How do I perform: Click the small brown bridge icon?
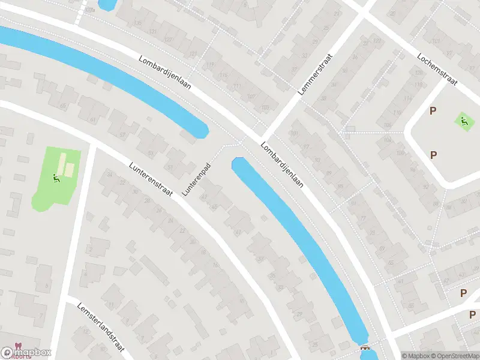point(364,347)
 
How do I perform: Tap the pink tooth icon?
point(16,347)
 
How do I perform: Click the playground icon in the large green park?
point(56,178)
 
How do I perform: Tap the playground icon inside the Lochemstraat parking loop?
point(464,121)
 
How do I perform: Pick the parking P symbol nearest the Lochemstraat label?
point(433,111)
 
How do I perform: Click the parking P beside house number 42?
point(463,293)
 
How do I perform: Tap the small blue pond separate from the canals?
point(107,4)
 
